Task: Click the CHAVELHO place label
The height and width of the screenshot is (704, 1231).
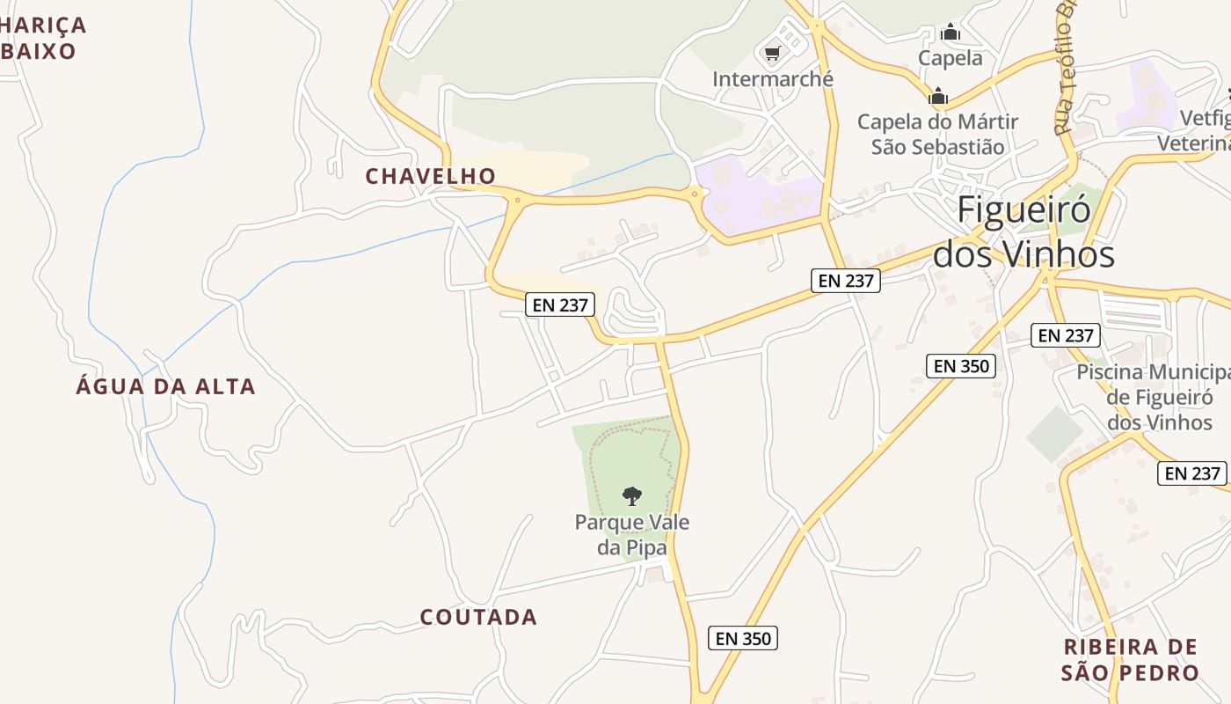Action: coord(430,176)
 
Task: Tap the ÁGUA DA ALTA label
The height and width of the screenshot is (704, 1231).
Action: coord(165,386)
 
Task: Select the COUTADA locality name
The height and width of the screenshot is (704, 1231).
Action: coord(478,617)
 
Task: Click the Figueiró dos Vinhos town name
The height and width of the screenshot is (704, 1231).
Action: coord(1023,232)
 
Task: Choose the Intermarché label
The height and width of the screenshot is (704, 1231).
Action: coord(772,79)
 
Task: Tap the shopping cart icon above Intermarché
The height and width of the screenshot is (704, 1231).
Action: coord(772,55)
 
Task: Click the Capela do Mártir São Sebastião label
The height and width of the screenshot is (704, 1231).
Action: coord(937,134)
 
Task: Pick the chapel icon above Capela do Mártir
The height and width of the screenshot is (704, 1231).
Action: coord(938,96)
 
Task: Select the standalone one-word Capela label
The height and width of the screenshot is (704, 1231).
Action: coord(950,58)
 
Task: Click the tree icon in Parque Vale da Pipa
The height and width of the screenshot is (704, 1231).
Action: coord(631,496)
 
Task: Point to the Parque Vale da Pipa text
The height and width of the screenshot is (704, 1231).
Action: coord(631,534)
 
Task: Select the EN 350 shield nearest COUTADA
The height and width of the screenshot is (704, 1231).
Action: coord(742,638)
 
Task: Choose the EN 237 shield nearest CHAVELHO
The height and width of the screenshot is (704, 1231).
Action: coord(560,305)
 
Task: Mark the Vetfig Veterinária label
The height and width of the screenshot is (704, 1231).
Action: coord(1196,131)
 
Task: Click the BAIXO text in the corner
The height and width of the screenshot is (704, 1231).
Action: coord(39,51)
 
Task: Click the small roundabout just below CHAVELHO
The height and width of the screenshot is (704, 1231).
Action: coord(517,201)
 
